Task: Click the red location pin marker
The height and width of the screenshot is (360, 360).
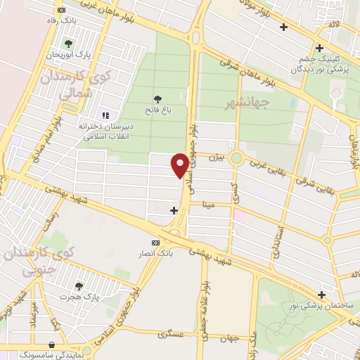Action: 180,165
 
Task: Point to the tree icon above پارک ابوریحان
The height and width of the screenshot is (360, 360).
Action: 67,44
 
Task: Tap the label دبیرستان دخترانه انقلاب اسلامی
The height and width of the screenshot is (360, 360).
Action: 107,131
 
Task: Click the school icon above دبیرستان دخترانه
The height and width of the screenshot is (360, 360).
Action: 106,115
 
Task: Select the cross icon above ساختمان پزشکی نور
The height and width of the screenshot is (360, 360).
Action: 321,294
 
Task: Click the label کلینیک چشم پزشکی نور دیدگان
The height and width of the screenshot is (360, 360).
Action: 320,65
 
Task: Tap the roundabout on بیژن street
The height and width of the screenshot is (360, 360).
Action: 236,158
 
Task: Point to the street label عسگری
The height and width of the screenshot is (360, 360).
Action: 172,335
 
